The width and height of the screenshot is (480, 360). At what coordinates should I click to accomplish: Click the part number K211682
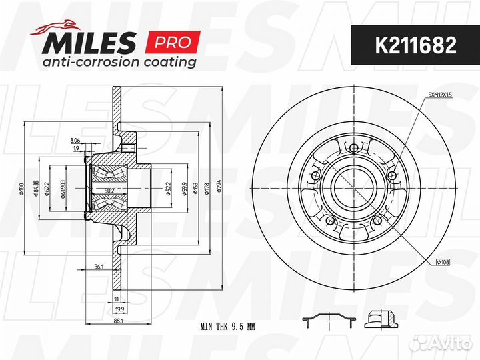(415, 45)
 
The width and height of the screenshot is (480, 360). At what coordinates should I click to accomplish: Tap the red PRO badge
(173, 42)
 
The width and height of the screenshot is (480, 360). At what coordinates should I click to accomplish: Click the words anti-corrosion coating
(119, 62)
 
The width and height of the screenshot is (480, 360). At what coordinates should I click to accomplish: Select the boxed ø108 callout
(443, 262)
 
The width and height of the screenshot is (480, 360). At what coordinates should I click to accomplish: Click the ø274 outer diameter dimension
(219, 186)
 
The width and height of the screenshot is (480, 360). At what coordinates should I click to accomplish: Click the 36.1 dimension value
(99, 267)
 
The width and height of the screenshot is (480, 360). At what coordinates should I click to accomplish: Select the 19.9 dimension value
(120, 309)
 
